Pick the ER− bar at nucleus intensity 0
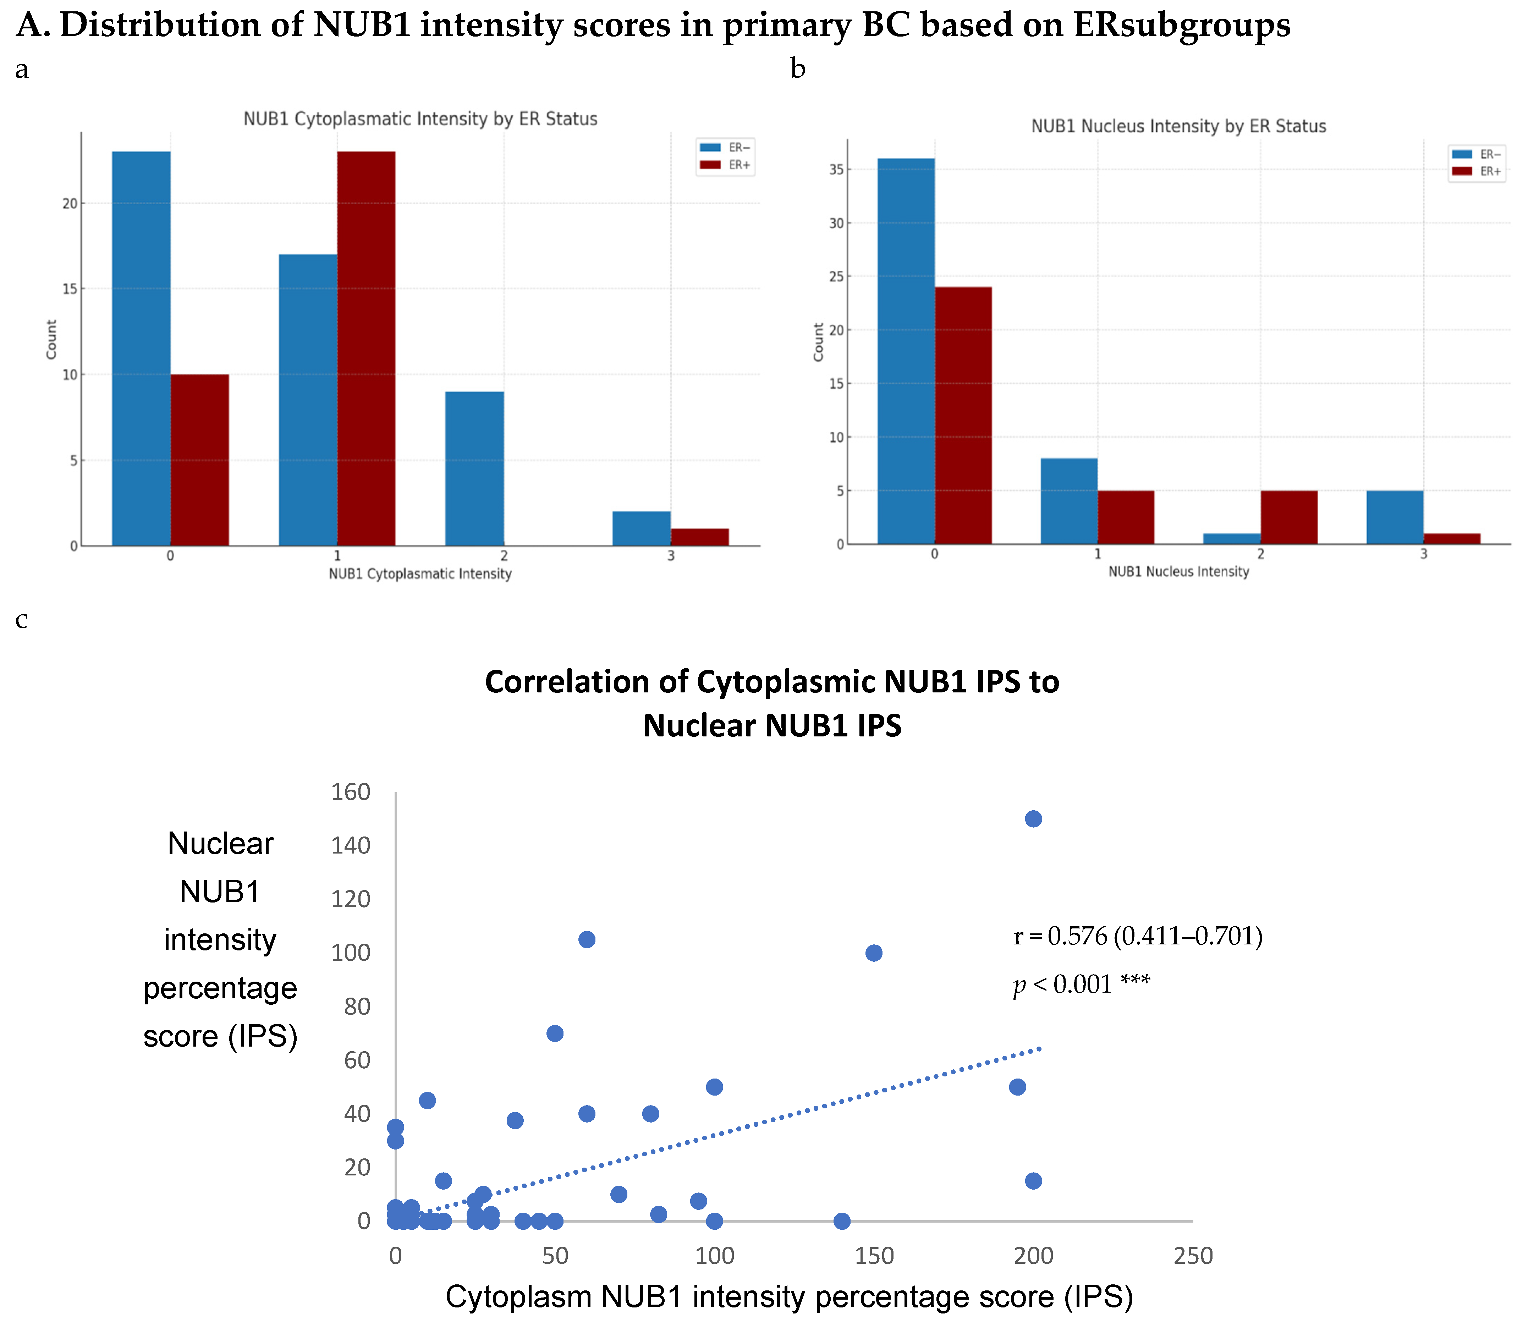[x=906, y=351]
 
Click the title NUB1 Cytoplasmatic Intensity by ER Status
[x=420, y=119]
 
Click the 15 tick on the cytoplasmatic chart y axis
[x=69, y=289]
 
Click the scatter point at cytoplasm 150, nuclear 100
[x=873, y=953]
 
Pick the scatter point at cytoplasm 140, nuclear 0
[x=842, y=1221]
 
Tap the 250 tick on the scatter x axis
[x=1193, y=1256]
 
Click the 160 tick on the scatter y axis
[x=350, y=792]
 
